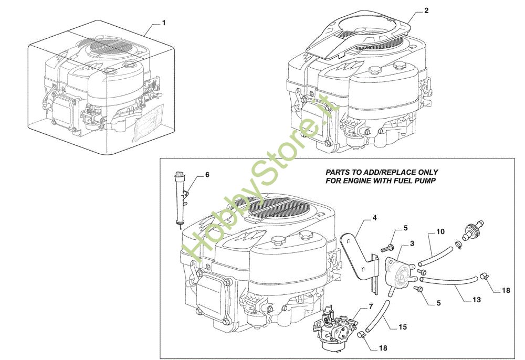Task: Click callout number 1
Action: (164, 23)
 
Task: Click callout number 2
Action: (426, 10)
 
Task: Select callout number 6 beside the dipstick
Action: (207, 175)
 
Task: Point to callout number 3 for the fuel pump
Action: (412, 244)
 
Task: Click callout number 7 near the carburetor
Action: (370, 306)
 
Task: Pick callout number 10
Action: (440, 231)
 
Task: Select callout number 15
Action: (402, 327)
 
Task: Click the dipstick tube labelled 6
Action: (179, 197)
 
